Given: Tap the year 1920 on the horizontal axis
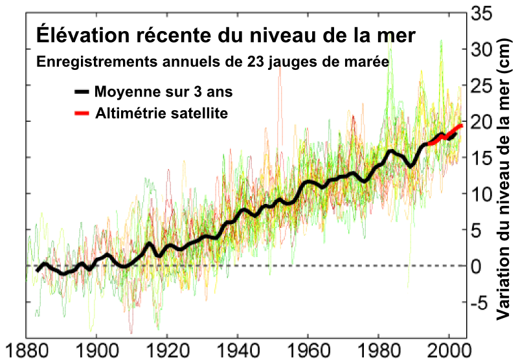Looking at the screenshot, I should (x=167, y=348).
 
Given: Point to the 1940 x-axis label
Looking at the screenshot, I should (x=238, y=348).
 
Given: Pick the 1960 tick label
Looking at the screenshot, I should (x=308, y=348).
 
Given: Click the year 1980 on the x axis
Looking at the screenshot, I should (x=379, y=348).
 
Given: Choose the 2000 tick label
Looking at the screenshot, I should (x=449, y=348).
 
